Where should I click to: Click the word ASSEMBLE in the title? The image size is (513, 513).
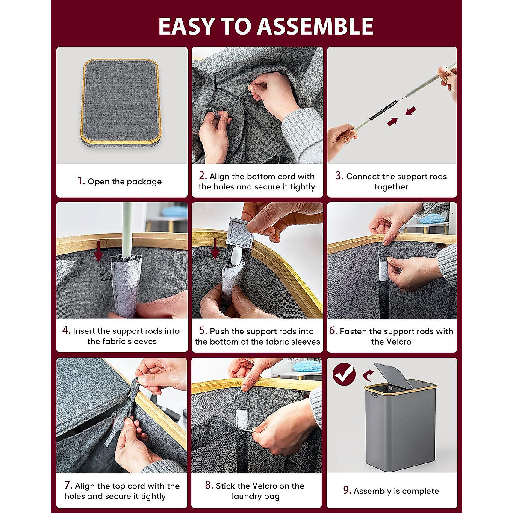click(x=315, y=27)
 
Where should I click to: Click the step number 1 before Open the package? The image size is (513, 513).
click(x=81, y=181)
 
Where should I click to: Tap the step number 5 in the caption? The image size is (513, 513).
click(x=203, y=330)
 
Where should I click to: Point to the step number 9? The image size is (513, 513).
click(x=347, y=490)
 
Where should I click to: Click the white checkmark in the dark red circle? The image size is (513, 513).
click(x=344, y=374)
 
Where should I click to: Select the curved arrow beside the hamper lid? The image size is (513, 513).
click(x=368, y=376)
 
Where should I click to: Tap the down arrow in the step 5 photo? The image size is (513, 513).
click(x=215, y=248)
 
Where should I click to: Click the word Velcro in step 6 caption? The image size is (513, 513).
click(x=391, y=342)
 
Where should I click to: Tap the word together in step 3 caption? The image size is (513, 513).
click(x=391, y=187)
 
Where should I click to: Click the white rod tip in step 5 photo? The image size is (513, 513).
click(x=236, y=255)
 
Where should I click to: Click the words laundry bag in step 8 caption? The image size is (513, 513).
click(x=255, y=496)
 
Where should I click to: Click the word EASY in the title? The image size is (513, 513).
click(x=186, y=27)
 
